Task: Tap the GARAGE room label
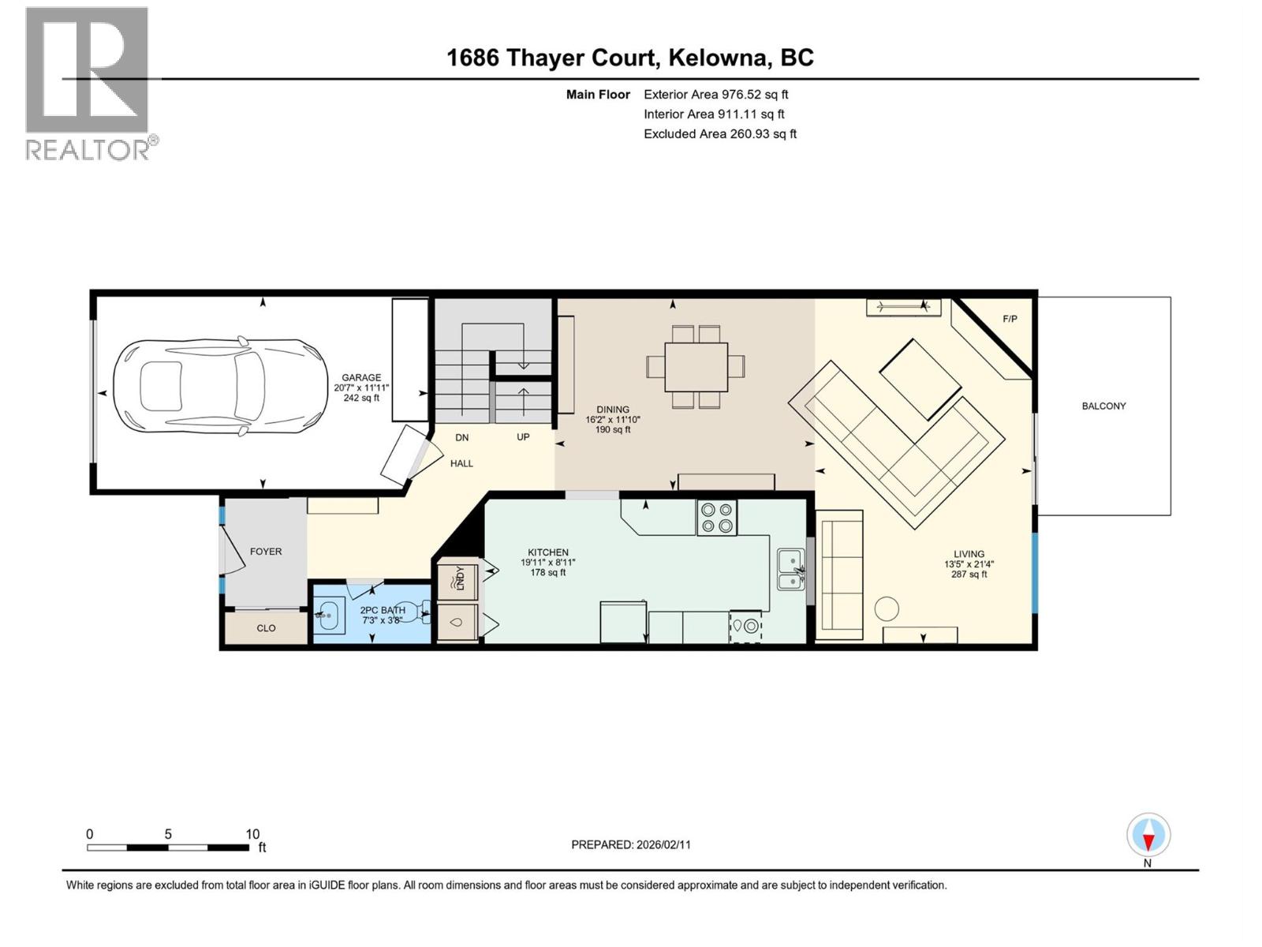(x=361, y=377)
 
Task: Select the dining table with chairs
(x=696, y=366)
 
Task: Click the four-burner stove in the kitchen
(x=716, y=518)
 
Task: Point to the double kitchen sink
(x=790, y=571)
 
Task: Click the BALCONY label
(x=1103, y=406)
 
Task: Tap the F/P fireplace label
(x=1010, y=319)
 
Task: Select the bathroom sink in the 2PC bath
(x=330, y=613)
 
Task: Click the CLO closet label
(x=266, y=628)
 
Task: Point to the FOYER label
(x=266, y=552)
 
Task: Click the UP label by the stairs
(x=523, y=436)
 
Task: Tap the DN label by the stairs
(x=462, y=436)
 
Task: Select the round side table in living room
(x=887, y=608)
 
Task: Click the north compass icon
(x=1148, y=836)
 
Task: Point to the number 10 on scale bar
(x=252, y=834)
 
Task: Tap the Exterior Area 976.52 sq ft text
(x=715, y=94)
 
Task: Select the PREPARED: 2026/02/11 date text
(x=631, y=844)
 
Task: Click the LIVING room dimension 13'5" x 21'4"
(x=969, y=564)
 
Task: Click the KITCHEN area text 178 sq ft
(x=547, y=572)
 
